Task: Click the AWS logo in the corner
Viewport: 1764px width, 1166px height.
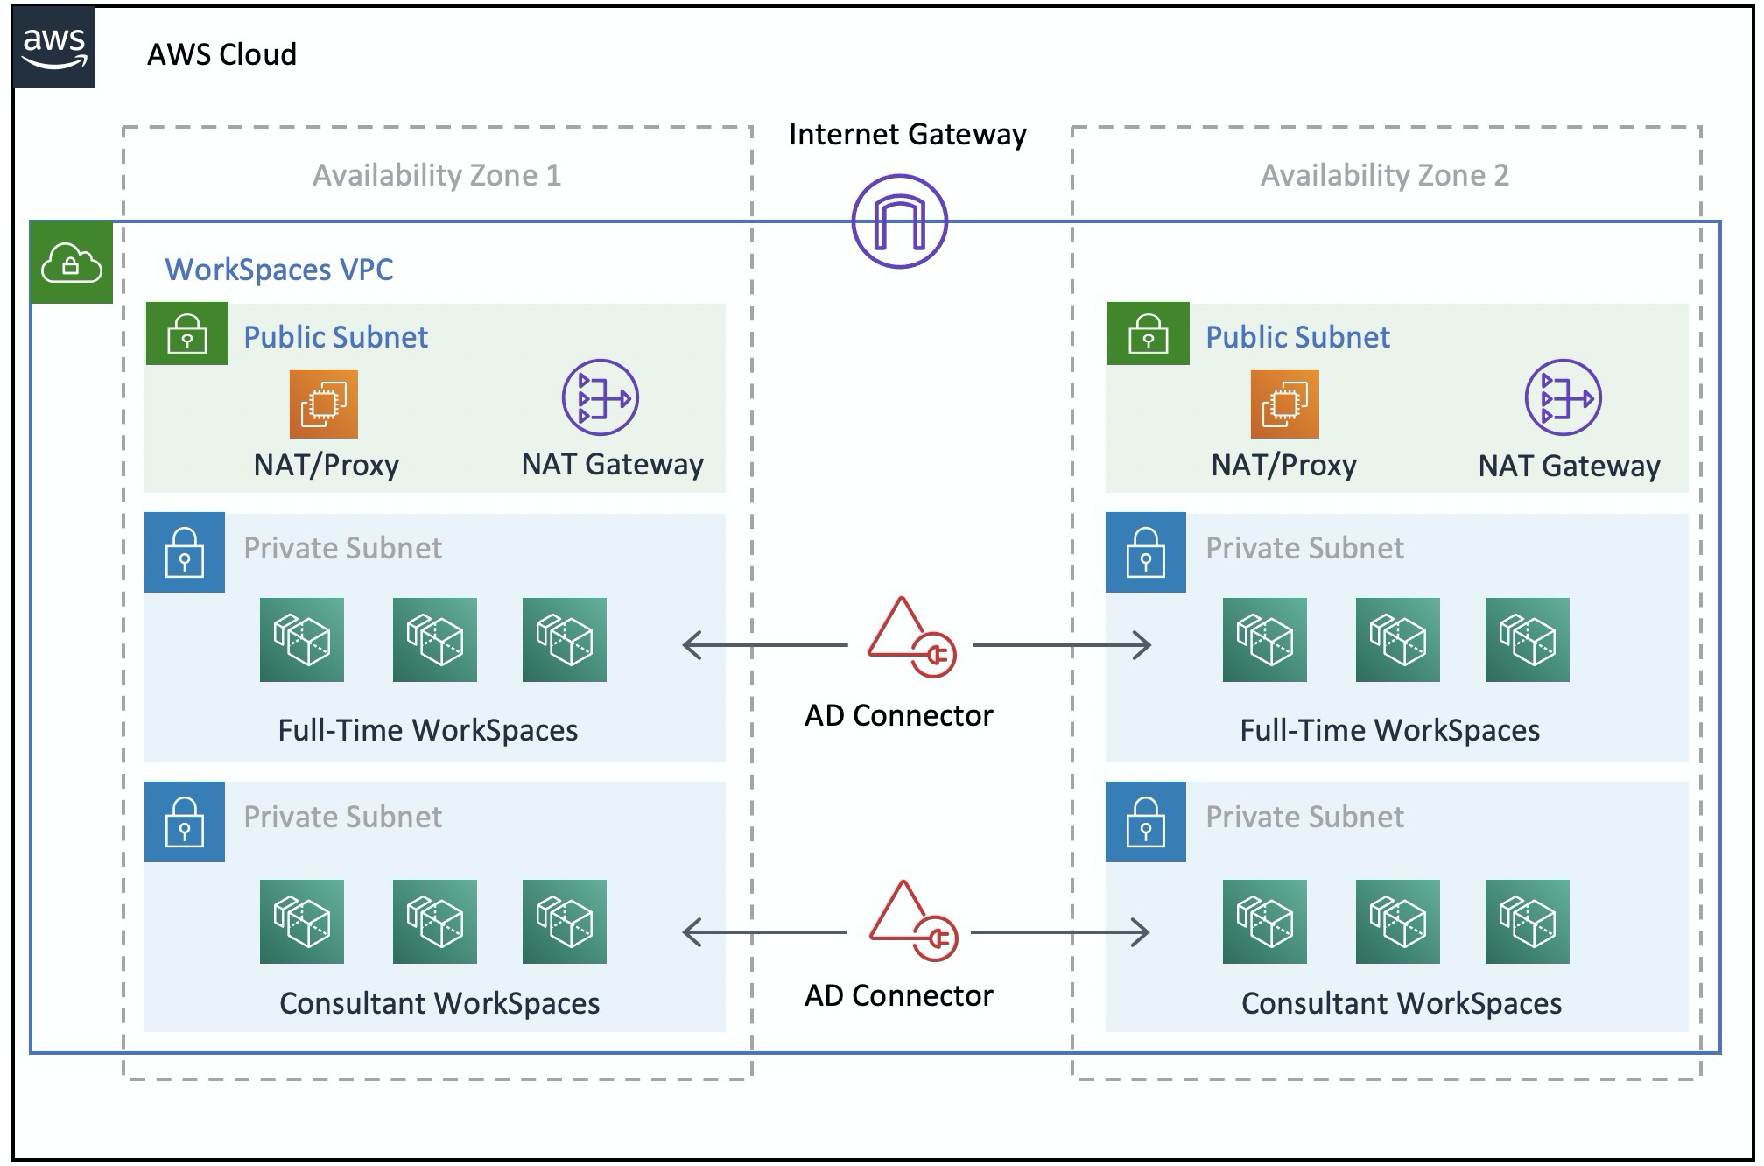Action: pyautogui.click(x=54, y=49)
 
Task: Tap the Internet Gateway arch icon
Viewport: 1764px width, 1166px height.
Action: pyautogui.click(x=899, y=221)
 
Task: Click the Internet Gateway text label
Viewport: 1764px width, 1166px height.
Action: pyautogui.click(x=907, y=134)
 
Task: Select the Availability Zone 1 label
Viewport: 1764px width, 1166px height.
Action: pyautogui.click(x=436, y=175)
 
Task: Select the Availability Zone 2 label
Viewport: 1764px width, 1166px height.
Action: pyautogui.click(x=1384, y=175)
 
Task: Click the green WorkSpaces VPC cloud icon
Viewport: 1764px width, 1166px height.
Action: pyautogui.click(x=72, y=263)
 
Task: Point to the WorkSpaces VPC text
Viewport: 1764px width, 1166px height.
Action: pyautogui.click(x=278, y=270)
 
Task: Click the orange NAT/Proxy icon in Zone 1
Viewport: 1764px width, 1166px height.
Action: pyautogui.click(x=324, y=404)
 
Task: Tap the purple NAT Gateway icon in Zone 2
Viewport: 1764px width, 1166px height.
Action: pyautogui.click(x=1563, y=397)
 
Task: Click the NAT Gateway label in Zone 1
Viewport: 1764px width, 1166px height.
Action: pyautogui.click(x=612, y=464)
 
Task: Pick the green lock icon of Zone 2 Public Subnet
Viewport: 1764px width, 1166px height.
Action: pyautogui.click(x=1148, y=334)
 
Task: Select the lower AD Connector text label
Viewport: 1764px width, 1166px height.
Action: pyautogui.click(x=898, y=995)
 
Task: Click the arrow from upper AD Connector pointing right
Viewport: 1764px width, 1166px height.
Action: pyautogui.click(x=1061, y=645)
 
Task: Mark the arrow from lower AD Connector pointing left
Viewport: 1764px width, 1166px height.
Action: pyautogui.click(x=763, y=932)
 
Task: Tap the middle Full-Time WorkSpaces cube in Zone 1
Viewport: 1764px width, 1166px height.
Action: pyautogui.click(x=434, y=640)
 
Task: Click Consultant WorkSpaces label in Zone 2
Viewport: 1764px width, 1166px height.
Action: pyautogui.click(x=1401, y=1003)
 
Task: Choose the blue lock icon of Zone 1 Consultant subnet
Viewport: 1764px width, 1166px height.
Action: pyautogui.click(x=185, y=822)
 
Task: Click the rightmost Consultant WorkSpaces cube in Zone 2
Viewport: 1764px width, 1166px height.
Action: pyautogui.click(x=1527, y=922)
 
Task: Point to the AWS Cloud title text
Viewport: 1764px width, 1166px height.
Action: pyautogui.click(x=221, y=54)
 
